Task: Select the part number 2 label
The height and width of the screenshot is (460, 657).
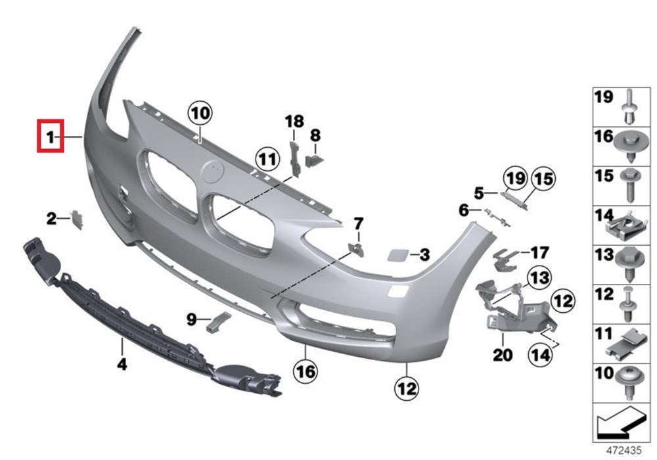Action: point(51,219)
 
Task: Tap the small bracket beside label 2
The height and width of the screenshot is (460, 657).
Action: point(77,219)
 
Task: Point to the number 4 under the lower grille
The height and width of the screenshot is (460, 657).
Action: point(122,363)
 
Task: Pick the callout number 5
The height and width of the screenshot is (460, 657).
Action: point(479,193)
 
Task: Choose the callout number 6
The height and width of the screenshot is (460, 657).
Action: point(463,210)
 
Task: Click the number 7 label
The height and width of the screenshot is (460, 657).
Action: point(358,223)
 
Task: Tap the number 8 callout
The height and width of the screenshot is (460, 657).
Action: point(315,135)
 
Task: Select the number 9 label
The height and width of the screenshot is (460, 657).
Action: point(191,319)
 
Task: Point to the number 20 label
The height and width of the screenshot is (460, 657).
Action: point(503,356)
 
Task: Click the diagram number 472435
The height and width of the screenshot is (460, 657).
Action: point(621,451)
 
